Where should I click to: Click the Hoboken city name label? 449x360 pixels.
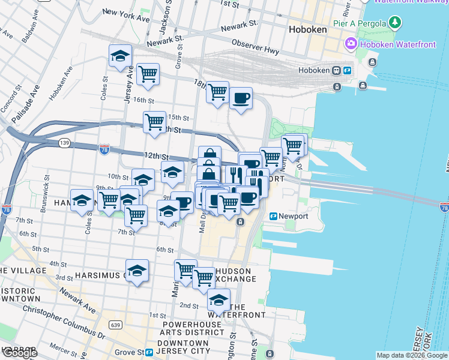[x=307, y=29]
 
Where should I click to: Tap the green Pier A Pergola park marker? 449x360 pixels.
[x=394, y=23]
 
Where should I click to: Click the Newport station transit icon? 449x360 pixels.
[x=273, y=216]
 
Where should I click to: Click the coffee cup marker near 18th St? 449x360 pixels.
[x=241, y=98]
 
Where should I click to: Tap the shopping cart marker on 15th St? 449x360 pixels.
[x=155, y=122]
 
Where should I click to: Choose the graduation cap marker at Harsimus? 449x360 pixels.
[x=137, y=271]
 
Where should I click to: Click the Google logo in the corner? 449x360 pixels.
[x=19, y=353]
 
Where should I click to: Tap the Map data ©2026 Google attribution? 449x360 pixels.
[x=411, y=355]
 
